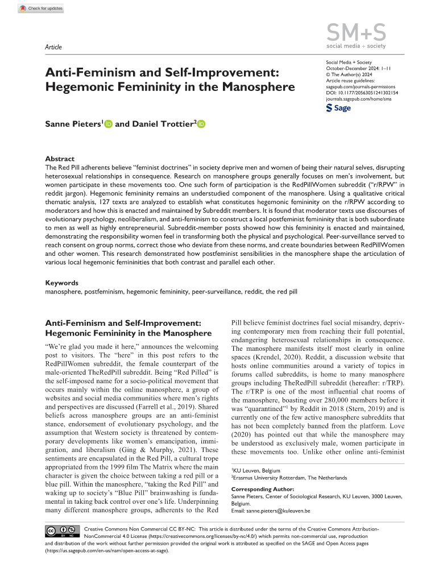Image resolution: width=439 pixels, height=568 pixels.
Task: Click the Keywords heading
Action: [61, 283]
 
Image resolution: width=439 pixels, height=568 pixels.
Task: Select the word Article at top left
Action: [53, 47]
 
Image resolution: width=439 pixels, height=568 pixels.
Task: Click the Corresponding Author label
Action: [263, 488]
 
